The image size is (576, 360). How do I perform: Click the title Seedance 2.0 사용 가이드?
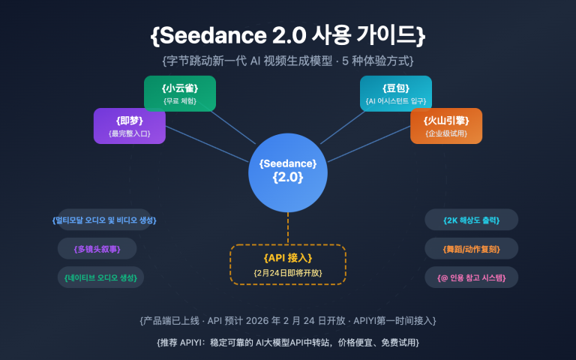click(288, 35)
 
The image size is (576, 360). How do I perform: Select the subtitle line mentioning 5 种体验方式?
click(288, 60)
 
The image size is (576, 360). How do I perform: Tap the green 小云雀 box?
click(179, 94)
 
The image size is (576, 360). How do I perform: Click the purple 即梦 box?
click(130, 125)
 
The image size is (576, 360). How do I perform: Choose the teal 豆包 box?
click(395, 94)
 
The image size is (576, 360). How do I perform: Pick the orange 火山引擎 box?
click(445, 125)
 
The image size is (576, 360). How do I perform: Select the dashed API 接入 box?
click(287, 264)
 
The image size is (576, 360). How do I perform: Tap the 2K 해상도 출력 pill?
click(471, 220)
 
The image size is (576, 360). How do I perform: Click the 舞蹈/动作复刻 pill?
click(471, 248)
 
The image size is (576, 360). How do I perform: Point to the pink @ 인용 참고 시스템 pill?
click(471, 277)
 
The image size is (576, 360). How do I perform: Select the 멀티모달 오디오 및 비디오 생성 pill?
click(104, 220)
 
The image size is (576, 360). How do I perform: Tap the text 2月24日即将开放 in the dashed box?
click(287, 272)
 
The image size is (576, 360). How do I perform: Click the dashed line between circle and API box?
click(287, 228)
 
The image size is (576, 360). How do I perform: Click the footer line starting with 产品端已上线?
click(288, 320)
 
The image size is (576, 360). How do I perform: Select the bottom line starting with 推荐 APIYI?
click(288, 342)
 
